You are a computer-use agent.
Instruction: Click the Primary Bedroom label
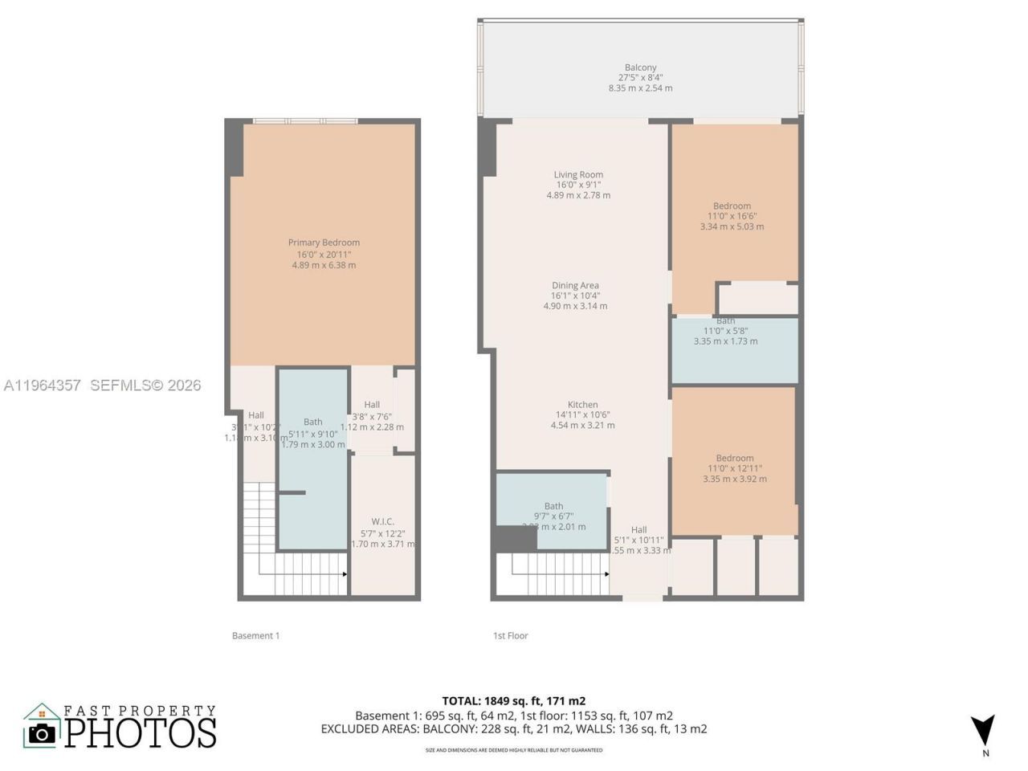(324, 243)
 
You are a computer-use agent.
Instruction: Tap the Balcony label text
(640, 67)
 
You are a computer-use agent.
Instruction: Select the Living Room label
(578, 174)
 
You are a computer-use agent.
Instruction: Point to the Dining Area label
(575, 285)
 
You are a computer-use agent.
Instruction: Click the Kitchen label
(582, 405)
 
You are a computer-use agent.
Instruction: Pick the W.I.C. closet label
(382, 521)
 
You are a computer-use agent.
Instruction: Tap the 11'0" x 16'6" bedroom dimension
(732, 216)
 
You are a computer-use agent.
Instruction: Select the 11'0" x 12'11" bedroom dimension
(735, 468)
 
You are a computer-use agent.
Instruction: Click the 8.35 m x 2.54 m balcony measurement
(640, 88)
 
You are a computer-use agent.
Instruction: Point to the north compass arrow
(982, 729)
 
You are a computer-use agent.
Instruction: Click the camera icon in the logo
(42, 732)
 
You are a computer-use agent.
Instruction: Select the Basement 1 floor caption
(255, 635)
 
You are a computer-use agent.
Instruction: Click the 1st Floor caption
(510, 635)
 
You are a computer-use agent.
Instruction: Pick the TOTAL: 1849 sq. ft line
(514, 701)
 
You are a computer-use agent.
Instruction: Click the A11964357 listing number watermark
(42, 385)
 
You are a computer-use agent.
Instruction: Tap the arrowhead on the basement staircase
(345, 574)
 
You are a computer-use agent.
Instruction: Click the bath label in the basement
(312, 422)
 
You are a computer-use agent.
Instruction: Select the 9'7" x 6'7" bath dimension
(553, 516)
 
